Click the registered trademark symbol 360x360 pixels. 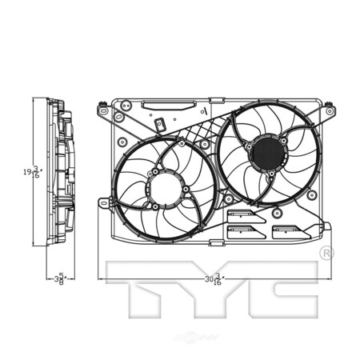326,253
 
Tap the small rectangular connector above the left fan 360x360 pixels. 160,126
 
